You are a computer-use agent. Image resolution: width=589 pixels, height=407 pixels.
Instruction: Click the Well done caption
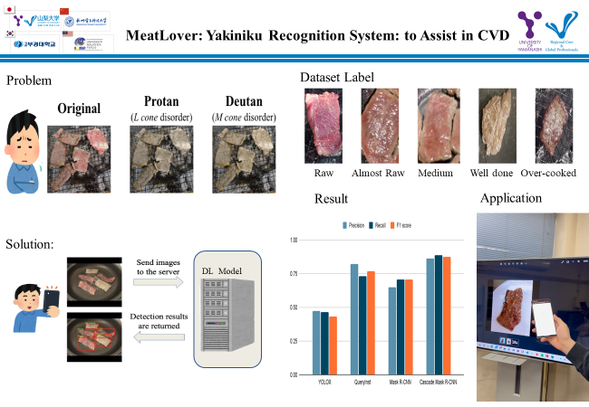point(496,173)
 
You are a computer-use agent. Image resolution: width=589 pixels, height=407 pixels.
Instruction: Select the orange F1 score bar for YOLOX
point(333,345)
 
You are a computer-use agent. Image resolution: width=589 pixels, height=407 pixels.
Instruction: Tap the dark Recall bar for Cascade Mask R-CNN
point(439,314)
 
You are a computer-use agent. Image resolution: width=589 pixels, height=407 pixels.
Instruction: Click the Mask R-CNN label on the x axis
point(401,383)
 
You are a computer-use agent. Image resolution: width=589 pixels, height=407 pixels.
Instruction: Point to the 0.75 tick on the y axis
point(292,273)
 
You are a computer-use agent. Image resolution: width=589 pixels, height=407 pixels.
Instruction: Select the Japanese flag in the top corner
point(11,10)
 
